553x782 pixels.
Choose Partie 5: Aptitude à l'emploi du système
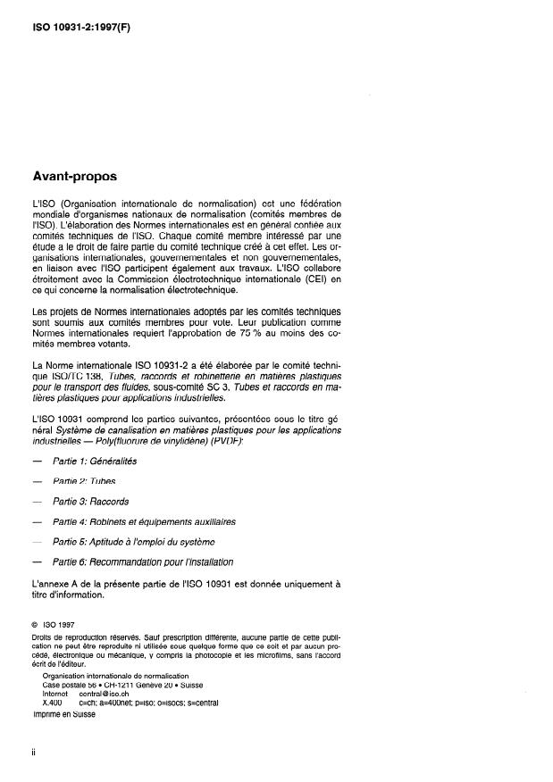(x=133, y=541)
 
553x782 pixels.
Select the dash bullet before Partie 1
(x=36, y=462)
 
